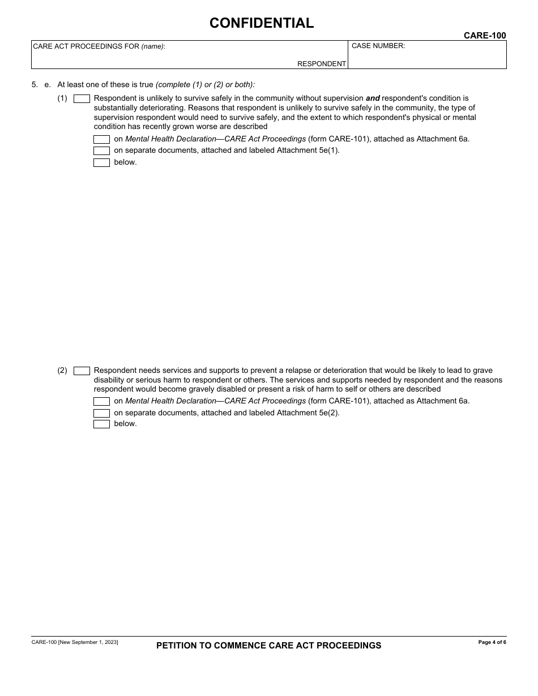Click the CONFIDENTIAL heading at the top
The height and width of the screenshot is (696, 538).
click(261, 23)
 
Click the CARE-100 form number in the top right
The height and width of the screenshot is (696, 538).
click(485, 36)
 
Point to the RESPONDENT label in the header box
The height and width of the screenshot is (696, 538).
click(321, 64)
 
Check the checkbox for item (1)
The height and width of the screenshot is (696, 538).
click(82, 98)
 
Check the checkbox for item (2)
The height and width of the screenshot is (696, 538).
click(82, 371)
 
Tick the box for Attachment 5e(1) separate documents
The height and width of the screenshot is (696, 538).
click(101, 151)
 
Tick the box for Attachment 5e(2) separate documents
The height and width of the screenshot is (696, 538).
click(101, 413)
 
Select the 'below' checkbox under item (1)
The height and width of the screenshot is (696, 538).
click(101, 163)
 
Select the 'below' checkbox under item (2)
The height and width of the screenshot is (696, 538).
click(101, 424)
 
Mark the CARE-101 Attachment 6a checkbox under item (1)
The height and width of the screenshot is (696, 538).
click(101, 139)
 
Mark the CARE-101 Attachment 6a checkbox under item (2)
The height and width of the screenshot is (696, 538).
click(101, 401)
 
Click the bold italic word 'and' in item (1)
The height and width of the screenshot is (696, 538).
click(373, 98)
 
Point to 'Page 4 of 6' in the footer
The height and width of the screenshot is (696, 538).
click(492, 642)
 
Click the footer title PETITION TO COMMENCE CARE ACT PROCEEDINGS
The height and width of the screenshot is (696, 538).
click(268, 646)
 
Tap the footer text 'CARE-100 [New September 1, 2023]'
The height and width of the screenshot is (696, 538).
click(75, 642)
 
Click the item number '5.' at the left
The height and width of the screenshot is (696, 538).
click(35, 85)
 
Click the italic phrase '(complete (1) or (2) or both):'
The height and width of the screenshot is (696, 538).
click(206, 85)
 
